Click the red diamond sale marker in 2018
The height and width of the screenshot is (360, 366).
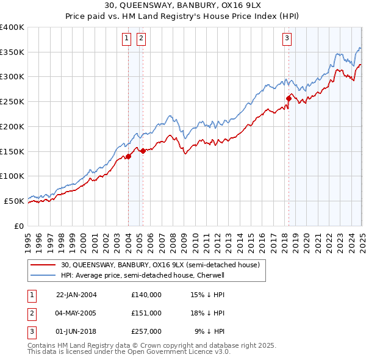coord(289,97)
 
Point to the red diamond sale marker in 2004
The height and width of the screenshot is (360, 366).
coord(129,156)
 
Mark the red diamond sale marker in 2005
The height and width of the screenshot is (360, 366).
coord(143,150)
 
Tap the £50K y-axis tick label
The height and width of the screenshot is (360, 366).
coord(15,201)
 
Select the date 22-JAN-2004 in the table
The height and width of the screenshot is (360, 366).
coord(76,295)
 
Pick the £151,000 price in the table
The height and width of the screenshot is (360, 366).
coord(146,313)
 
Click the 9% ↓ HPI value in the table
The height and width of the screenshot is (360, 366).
coord(210,331)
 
